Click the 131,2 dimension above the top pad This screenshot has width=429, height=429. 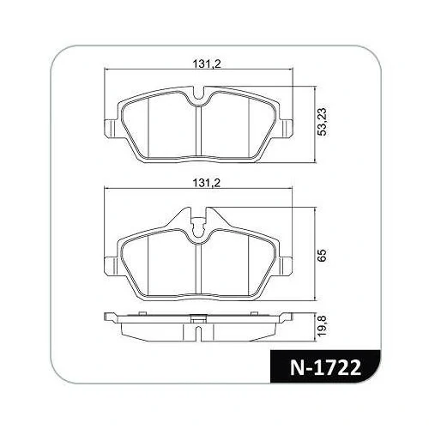pyautogui.click(x=207, y=64)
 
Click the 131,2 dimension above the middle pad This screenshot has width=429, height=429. pyautogui.click(x=207, y=183)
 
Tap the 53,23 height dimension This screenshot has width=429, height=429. pyautogui.click(x=323, y=122)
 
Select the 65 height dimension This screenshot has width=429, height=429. pyautogui.click(x=322, y=254)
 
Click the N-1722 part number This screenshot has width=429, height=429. pyautogui.click(x=325, y=368)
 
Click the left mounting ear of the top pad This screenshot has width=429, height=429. pyautogui.click(x=111, y=128)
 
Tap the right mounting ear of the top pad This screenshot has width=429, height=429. pyautogui.click(x=285, y=128)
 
